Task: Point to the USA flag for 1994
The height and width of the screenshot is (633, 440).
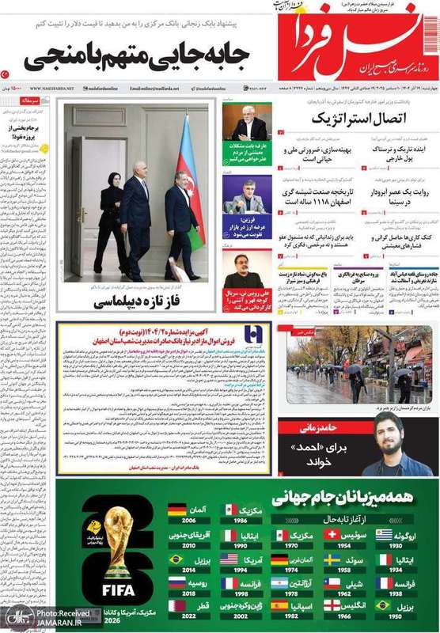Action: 229,559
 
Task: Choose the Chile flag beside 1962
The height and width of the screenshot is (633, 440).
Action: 334,583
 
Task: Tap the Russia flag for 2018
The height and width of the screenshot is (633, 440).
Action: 177,583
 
